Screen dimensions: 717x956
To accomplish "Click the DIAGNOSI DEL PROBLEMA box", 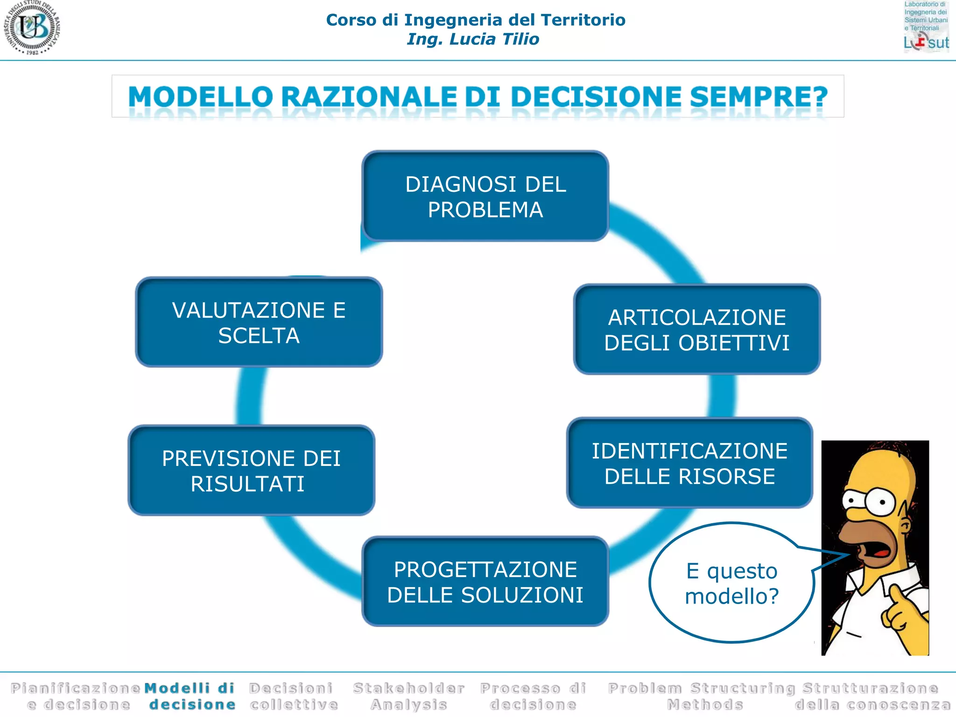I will pos(485,196).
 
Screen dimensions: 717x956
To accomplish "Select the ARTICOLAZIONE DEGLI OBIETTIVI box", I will pos(696,330).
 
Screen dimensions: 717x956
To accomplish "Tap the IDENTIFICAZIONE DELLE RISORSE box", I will pos(689,463).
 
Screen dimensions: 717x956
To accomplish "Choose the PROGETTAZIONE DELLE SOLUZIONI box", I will pos(485,582).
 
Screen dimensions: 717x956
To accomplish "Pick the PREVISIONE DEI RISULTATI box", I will pos(251,471).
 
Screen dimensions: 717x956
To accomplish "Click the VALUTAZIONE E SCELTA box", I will pos(259,322).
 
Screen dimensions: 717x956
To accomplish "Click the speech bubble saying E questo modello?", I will pos(731,583).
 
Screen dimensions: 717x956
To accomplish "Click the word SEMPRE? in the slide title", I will pos(758,97).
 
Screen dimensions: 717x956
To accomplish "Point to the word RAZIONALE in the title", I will pos(368,97).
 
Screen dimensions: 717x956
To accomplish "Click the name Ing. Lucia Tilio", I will pos(473,39).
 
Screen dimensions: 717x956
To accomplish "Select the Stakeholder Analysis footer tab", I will pos(409,696).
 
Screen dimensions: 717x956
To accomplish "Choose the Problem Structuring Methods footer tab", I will pos(702,696).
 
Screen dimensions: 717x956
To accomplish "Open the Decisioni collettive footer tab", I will pos(293,696).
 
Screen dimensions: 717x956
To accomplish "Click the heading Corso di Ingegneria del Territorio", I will pos(476,20).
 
